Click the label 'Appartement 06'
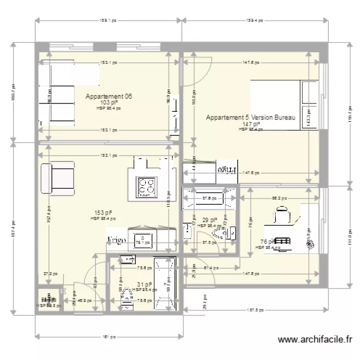108,96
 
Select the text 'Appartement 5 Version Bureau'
250,118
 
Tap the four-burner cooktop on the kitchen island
146,186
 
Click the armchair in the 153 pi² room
58,179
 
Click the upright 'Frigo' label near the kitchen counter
117,240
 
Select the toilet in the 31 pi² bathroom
127,295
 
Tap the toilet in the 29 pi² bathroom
221,233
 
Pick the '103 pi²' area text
108,103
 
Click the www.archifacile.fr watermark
315,340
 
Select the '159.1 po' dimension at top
108,21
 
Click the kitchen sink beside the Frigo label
142,242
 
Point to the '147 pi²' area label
250,124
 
